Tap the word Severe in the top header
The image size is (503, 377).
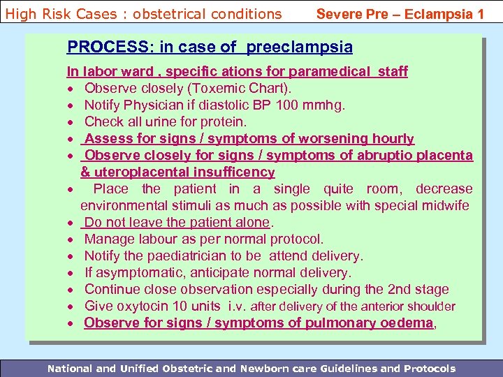pos(339,13)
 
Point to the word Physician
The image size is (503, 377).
pos(154,105)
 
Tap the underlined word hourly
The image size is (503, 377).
pos(393,138)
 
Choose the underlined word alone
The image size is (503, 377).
pos(251,222)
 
